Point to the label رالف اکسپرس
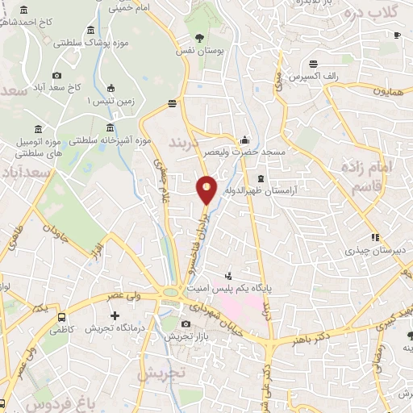pos(315,77)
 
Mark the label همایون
pos(388,92)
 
